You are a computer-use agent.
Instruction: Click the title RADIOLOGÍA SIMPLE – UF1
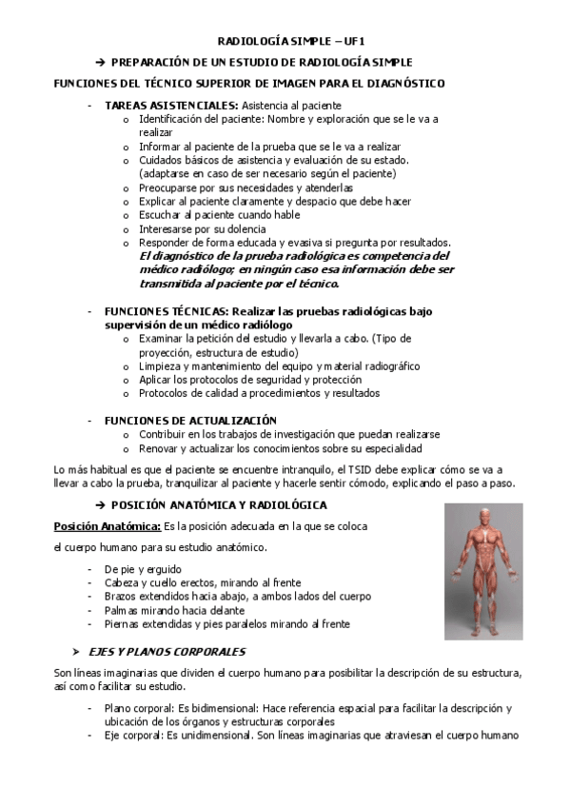(285, 41)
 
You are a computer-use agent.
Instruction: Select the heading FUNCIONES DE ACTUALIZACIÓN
(190, 420)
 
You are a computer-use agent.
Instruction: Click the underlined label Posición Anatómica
(107, 526)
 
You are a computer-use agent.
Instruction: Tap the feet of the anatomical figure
(482, 632)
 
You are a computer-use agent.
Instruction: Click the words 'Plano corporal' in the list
(139, 708)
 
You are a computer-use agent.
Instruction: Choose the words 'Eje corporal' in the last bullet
(134, 736)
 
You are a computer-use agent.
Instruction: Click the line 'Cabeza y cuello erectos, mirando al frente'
(204, 582)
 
